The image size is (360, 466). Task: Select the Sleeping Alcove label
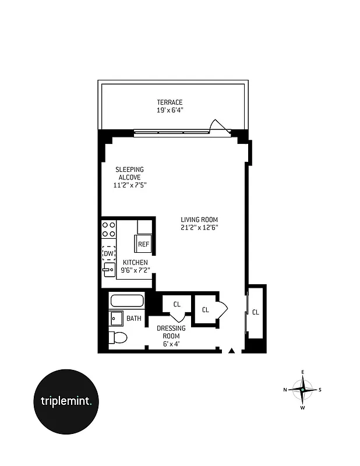(129, 173)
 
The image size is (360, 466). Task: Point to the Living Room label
(199, 220)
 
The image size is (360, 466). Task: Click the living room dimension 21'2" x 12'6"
(199, 228)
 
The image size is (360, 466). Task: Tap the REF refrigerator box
(143, 244)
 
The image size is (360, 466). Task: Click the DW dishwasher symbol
(108, 253)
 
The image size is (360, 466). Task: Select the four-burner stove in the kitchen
(108, 229)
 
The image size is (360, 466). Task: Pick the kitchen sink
(108, 269)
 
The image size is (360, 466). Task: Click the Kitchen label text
(135, 262)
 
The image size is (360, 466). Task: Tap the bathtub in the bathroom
(127, 301)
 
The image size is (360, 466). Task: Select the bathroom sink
(115, 319)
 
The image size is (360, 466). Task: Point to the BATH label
(134, 319)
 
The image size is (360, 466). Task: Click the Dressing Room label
(171, 332)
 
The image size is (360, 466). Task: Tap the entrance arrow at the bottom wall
(232, 351)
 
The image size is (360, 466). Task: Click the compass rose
(302, 389)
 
